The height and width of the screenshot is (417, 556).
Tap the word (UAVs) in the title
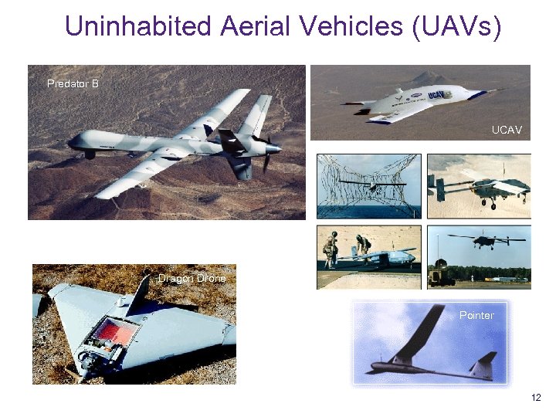pos(457,27)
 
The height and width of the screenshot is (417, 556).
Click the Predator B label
pos(73,83)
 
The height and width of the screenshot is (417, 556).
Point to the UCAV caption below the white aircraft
pos(507,131)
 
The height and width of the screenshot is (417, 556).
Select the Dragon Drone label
pos(192,278)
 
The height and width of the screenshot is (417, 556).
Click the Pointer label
pos(476,315)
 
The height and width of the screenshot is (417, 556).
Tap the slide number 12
pos(536,398)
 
